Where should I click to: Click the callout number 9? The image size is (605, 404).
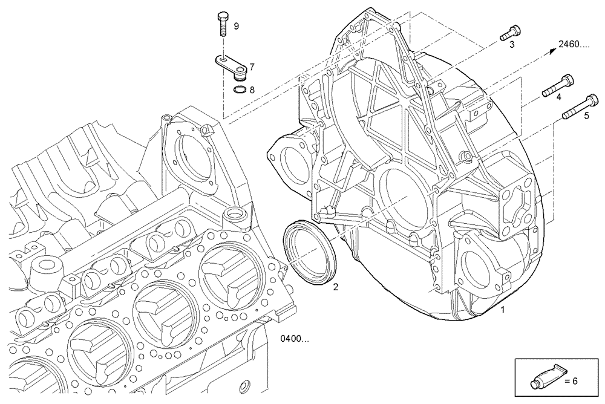(236, 26)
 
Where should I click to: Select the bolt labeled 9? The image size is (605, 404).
(221, 25)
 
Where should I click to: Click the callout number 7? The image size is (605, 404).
(252, 66)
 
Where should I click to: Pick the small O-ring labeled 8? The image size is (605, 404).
(240, 91)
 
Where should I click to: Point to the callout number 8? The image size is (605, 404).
(252, 90)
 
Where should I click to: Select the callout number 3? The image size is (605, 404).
(511, 45)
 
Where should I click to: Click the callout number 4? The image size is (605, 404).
(558, 97)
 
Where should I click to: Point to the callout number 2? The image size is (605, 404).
(336, 287)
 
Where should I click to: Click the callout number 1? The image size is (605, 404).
(501, 310)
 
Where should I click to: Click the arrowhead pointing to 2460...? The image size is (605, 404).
(552, 50)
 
